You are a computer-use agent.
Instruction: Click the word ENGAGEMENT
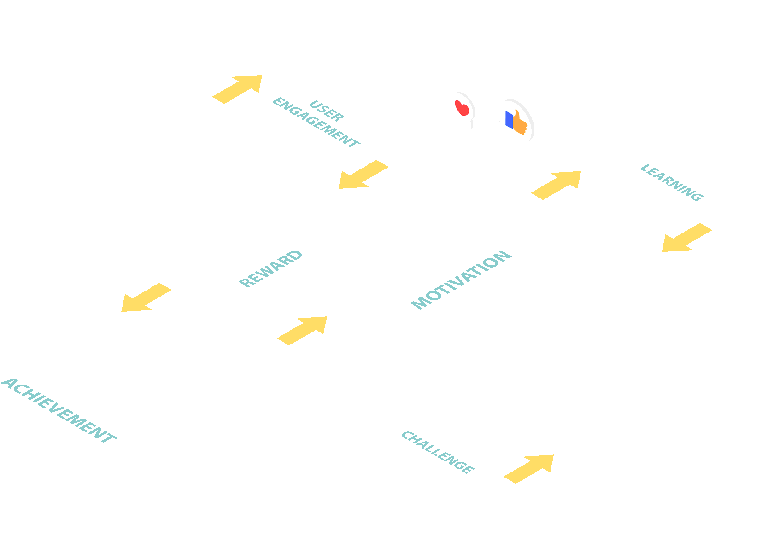pos(316,123)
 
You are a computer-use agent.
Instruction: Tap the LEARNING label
pos(671,183)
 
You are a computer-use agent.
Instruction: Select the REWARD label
pos(270,268)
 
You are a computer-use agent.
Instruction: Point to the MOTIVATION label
pos(461,280)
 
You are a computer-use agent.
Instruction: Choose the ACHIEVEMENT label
pos(59,411)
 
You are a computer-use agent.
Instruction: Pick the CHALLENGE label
pos(437,452)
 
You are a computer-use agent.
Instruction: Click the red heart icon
pos(462,109)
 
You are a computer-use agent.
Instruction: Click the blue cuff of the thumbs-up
pos(509,120)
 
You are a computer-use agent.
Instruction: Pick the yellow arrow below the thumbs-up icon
pos(557,185)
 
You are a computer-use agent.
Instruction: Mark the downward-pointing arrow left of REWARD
pos(146,298)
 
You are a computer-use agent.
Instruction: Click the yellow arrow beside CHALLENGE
pos(529,468)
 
